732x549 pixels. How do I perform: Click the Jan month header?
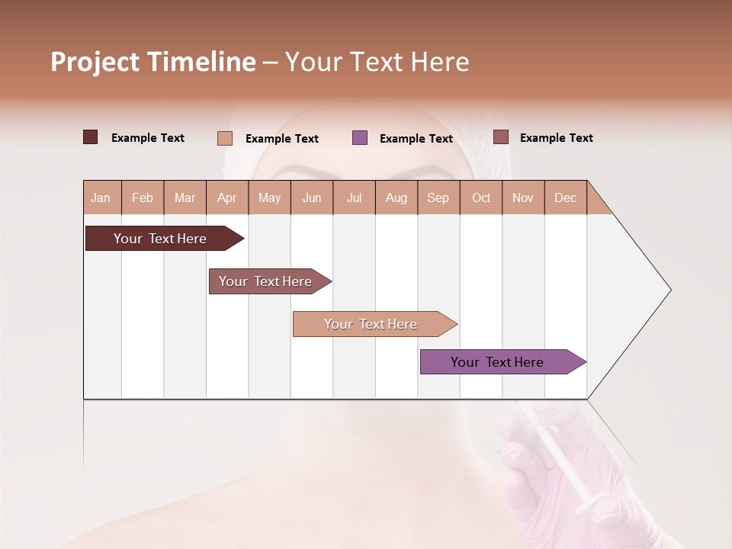(101, 197)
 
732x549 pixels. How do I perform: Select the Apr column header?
(226, 197)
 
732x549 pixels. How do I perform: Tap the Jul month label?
(354, 197)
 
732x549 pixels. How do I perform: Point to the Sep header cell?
(438, 197)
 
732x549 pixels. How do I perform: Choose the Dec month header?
(565, 197)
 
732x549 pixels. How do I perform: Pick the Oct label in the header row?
(481, 197)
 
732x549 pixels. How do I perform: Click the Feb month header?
(143, 197)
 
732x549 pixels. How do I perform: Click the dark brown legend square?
(91, 137)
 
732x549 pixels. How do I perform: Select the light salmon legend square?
(225, 138)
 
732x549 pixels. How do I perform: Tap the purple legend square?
(360, 137)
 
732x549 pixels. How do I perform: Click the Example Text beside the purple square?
(416, 138)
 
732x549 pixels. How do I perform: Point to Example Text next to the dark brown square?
(148, 137)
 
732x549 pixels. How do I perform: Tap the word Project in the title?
(95, 62)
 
